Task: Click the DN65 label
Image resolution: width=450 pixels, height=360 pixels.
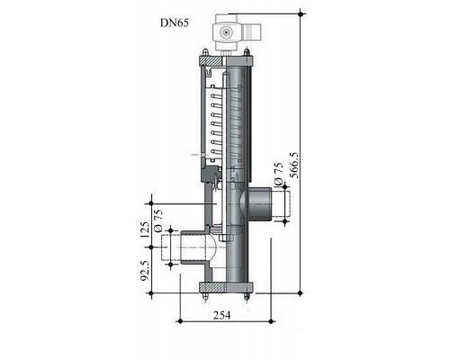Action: coord(175,22)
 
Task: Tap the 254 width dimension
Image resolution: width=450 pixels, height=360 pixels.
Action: coord(222,315)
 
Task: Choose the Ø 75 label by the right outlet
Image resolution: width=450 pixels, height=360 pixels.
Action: coord(279,174)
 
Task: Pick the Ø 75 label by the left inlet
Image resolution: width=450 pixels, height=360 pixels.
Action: coord(158,220)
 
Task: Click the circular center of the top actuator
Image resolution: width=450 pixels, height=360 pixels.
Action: coord(225,31)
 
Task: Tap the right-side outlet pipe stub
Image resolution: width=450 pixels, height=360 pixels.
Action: coord(259,203)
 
